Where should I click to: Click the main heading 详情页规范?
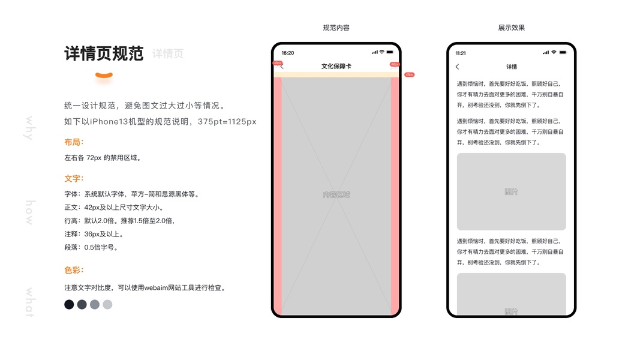coord(104,53)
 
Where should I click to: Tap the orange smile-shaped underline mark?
coord(104,76)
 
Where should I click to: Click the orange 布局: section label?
coord(74,142)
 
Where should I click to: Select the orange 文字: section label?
coord(74,178)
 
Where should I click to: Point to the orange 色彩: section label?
coord(74,270)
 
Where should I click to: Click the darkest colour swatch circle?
coord(69,305)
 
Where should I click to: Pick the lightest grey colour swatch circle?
coord(107,305)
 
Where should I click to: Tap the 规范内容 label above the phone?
coord(336,28)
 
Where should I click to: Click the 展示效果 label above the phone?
coord(511,28)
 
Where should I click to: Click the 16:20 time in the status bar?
coord(288,53)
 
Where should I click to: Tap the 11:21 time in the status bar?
coord(461,53)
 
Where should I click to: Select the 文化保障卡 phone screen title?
coord(336,66)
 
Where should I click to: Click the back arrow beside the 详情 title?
coord(458,67)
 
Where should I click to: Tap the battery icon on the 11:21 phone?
coord(563,53)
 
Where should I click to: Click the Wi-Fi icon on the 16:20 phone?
coord(381,52)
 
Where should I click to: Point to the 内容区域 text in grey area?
coord(336,194)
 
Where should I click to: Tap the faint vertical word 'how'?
coord(29,213)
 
